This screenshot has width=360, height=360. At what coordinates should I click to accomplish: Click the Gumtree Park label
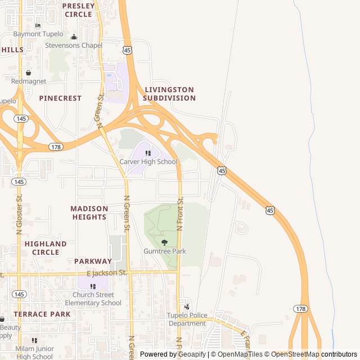[x=164, y=251]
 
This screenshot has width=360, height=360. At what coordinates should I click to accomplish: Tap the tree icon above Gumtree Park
[x=164, y=242]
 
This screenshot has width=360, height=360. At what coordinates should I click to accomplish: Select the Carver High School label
[x=148, y=162]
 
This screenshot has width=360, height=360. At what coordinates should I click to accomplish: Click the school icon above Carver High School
[x=148, y=153]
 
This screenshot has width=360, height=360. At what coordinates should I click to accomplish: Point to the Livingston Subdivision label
[x=169, y=94]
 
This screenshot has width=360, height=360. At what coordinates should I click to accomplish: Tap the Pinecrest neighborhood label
[x=60, y=98]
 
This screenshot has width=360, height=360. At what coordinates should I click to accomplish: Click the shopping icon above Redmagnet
[x=28, y=73]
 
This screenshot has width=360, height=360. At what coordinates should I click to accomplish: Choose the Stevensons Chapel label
[x=74, y=46]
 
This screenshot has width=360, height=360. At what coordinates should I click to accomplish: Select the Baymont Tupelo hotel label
[x=38, y=34]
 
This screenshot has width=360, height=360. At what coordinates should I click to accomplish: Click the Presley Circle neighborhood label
[x=78, y=10]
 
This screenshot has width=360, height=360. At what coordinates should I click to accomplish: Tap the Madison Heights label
[x=89, y=213]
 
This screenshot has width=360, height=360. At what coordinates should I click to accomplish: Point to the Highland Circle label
[x=46, y=248]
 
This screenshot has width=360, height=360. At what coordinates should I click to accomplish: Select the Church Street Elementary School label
[x=93, y=299]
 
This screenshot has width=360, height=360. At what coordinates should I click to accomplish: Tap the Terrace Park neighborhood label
[x=42, y=314]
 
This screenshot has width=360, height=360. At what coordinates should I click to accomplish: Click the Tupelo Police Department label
[x=187, y=319]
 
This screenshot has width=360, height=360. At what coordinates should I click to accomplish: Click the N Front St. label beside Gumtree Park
[x=181, y=214]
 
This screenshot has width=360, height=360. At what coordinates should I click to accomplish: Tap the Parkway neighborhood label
[x=93, y=261]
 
